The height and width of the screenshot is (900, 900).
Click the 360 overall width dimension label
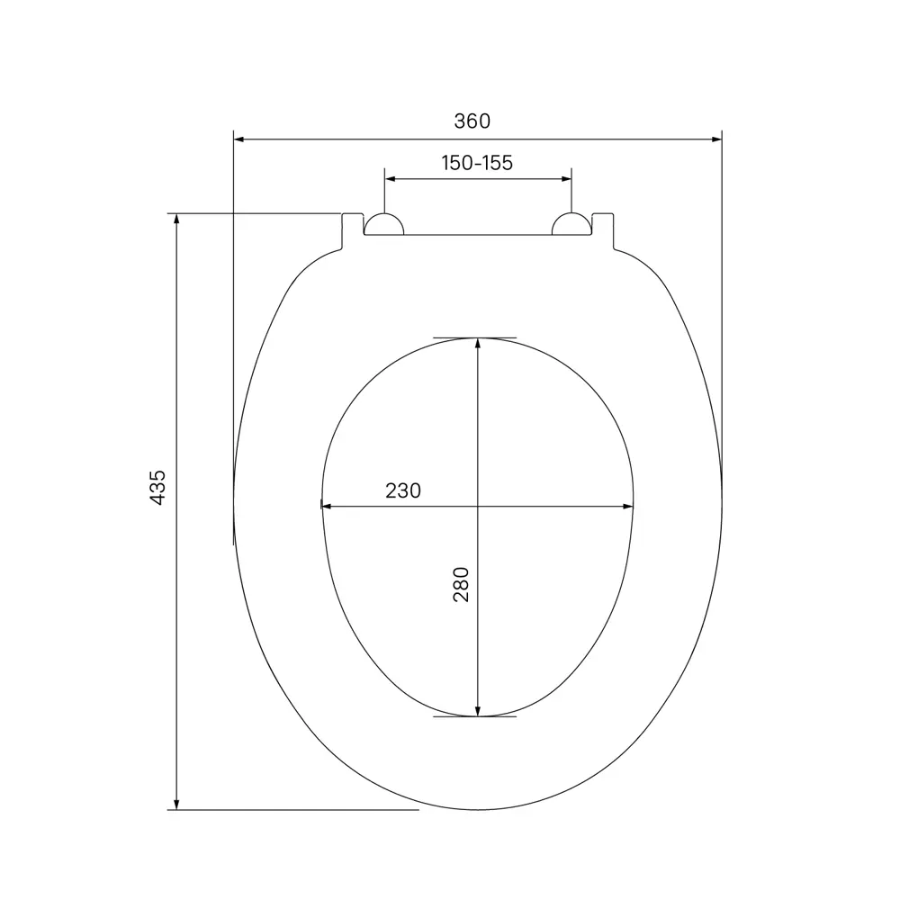point(477,121)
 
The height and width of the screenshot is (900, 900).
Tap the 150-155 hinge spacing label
point(477,163)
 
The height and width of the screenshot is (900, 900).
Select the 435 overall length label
point(157,487)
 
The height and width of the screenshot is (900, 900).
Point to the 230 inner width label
point(403,490)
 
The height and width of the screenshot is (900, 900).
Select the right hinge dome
point(571,225)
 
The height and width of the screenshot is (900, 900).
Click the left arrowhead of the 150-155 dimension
point(391,179)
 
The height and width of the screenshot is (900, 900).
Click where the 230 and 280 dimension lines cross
point(478,506)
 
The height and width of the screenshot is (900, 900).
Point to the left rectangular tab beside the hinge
point(352,229)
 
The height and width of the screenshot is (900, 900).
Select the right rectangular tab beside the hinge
point(604,229)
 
